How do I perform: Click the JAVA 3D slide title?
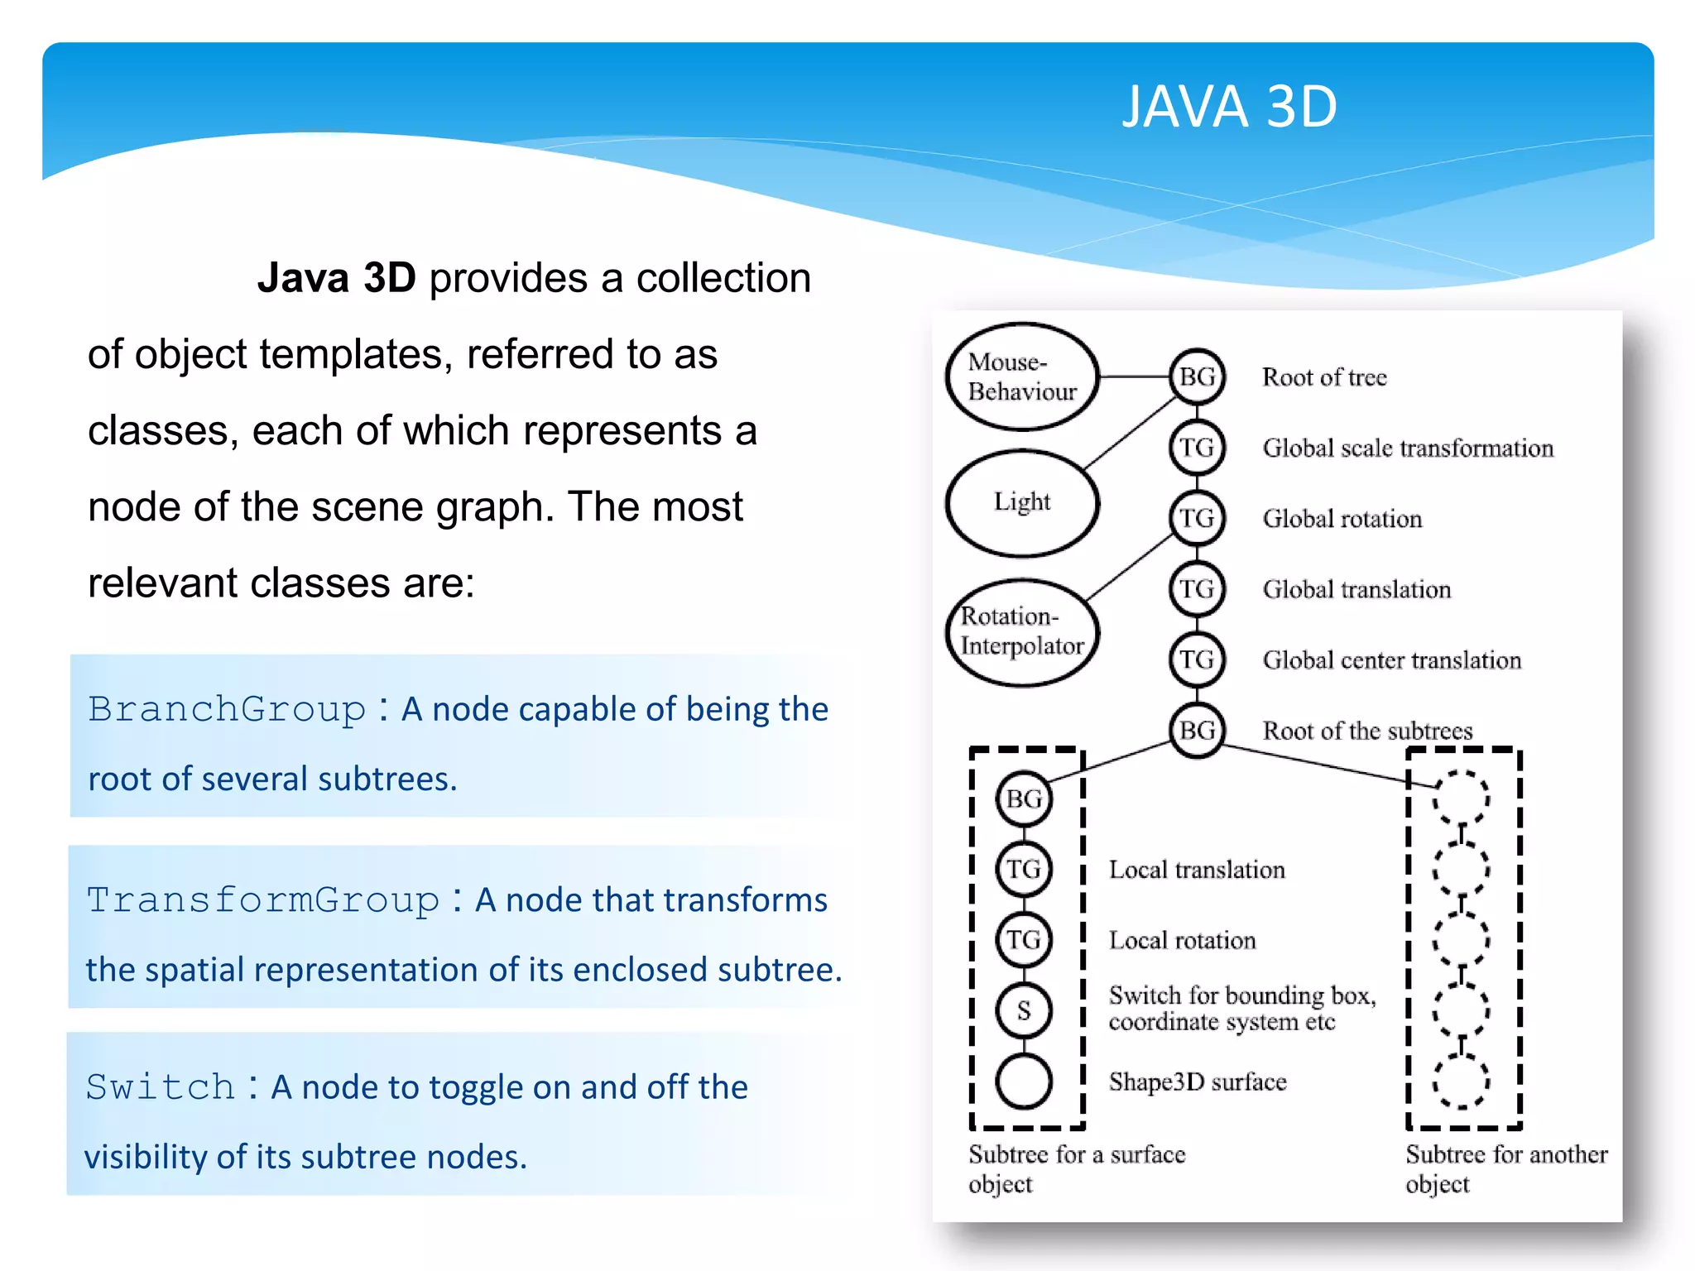pyautogui.click(x=1228, y=107)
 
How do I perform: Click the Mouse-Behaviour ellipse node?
pyautogui.click(x=1021, y=377)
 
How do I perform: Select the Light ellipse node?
pyautogui.click(x=1021, y=502)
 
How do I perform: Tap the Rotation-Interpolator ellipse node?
pyautogui.click(x=1021, y=631)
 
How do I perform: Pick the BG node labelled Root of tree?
pyautogui.click(x=1197, y=377)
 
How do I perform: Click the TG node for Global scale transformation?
pyautogui.click(x=1197, y=448)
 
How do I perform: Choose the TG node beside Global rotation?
pyautogui.click(x=1197, y=518)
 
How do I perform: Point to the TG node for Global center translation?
pyautogui.click(x=1197, y=659)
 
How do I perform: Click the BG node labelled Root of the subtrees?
pyautogui.click(x=1197, y=730)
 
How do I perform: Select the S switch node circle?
pyautogui.click(x=1024, y=1010)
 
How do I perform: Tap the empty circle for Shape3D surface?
pyautogui.click(x=1024, y=1082)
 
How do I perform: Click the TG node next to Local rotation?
pyautogui.click(x=1024, y=940)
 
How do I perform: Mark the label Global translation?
pyautogui.click(x=1356, y=589)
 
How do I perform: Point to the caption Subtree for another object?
pyautogui.click(x=1505, y=1168)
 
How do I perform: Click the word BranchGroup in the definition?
pyautogui.click(x=227, y=709)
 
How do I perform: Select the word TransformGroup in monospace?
pyautogui.click(x=263, y=899)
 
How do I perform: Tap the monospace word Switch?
pyautogui.click(x=161, y=1086)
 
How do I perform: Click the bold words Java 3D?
pyautogui.click(x=336, y=278)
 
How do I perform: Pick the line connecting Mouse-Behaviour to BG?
pyautogui.click(x=1134, y=377)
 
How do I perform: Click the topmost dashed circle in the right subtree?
pyautogui.click(x=1461, y=799)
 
